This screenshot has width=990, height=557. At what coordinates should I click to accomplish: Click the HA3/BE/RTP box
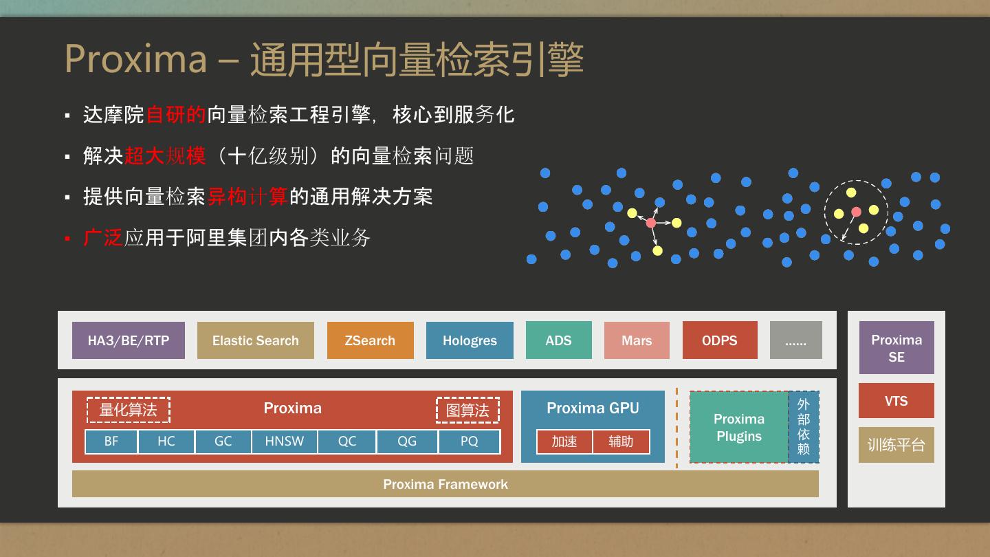129,340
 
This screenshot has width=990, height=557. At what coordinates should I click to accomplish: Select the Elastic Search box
255,340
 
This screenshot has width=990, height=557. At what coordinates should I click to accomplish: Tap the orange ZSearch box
370,340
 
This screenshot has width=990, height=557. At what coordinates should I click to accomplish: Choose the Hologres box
470,340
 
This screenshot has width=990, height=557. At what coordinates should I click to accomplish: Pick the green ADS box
558,340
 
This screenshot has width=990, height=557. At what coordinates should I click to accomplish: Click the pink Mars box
637,340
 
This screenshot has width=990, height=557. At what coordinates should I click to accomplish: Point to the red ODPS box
720,340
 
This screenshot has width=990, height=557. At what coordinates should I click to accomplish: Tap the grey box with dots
795,340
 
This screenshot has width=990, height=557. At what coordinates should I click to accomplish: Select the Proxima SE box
896,348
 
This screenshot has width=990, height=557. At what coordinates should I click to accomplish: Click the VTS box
896,401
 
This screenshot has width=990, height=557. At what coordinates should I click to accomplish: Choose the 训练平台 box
896,445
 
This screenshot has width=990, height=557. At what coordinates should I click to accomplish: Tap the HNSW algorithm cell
285,441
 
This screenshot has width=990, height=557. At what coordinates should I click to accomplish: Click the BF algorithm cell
111,441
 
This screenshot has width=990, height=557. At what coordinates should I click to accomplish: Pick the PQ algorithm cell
469,441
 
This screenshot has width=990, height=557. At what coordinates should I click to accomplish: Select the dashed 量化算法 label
129,410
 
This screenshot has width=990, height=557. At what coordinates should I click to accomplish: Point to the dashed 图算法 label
467,411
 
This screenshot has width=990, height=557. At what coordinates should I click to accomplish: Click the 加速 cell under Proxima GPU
564,441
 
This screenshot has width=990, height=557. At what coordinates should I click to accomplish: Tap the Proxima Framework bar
445,484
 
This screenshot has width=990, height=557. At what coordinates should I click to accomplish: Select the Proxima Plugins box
739,427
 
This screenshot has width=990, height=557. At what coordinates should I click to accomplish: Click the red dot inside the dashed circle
856,212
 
